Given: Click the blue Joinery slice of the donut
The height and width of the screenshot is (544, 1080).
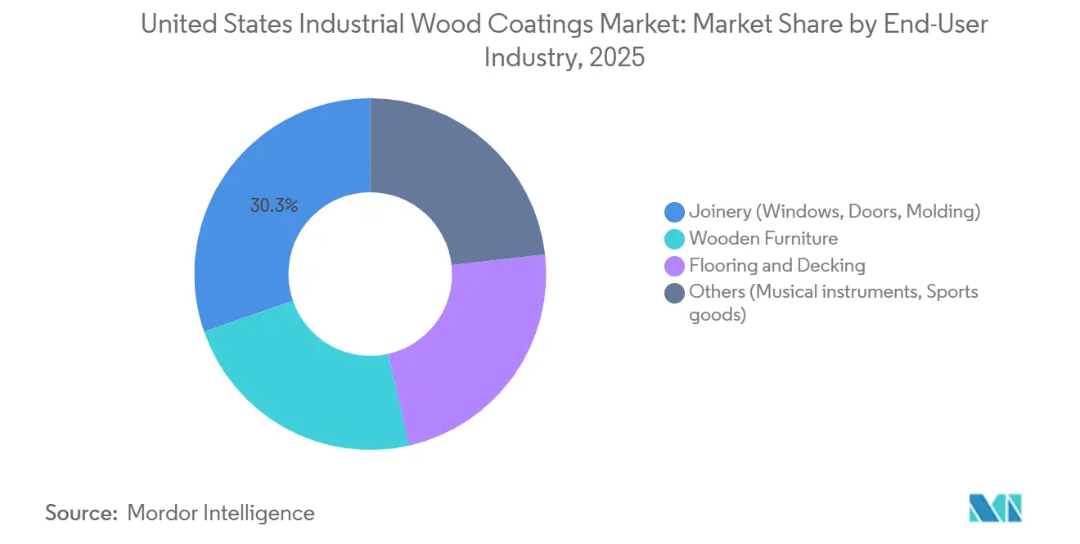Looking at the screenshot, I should (x=245, y=245).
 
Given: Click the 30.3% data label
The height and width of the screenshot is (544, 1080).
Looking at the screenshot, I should (x=274, y=205).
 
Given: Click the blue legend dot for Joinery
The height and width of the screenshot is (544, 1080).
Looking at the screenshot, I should (x=675, y=212).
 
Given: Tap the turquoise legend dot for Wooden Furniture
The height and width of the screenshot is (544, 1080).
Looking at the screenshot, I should (x=675, y=239).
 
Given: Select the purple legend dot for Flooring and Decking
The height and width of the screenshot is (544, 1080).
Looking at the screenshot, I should (x=675, y=266).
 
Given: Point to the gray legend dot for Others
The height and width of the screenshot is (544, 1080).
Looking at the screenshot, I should (x=675, y=293).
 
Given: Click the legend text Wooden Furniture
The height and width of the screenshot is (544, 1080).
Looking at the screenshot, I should (x=763, y=239).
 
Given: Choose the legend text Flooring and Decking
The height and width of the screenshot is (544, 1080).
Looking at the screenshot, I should (x=777, y=266).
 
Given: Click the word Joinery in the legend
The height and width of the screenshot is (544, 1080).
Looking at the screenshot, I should (x=720, y=212).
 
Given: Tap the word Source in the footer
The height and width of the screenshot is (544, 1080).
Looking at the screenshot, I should (x=79, y=513).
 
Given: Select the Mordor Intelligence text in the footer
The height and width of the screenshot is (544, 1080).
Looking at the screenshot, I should (x=221, y=513).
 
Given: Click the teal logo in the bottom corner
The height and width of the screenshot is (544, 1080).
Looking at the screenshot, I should (x=995, y=508).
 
